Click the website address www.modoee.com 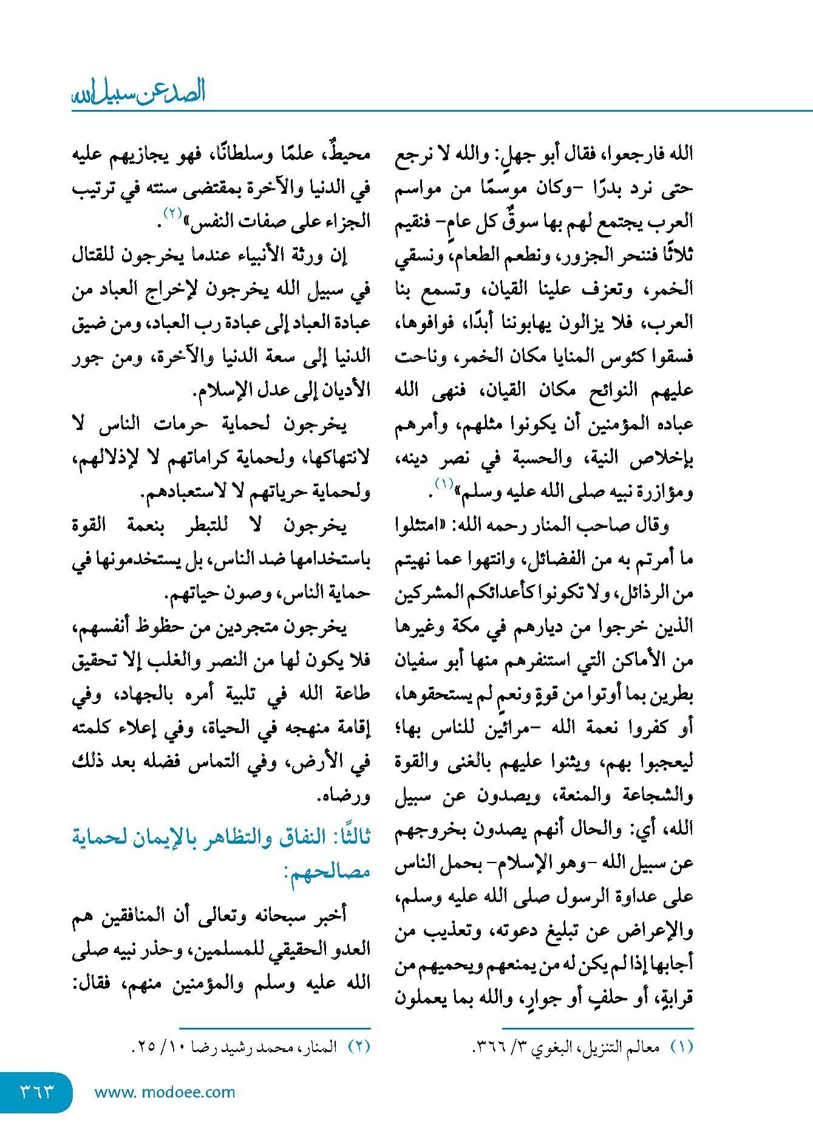pyautogui.click(x=165, y=1092)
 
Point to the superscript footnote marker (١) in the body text pyautogui.click(x=444, y=484)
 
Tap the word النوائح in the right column pyautogui.click(x=613, y=390)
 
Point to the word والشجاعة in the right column pyautogui.click(x=658, y=795)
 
